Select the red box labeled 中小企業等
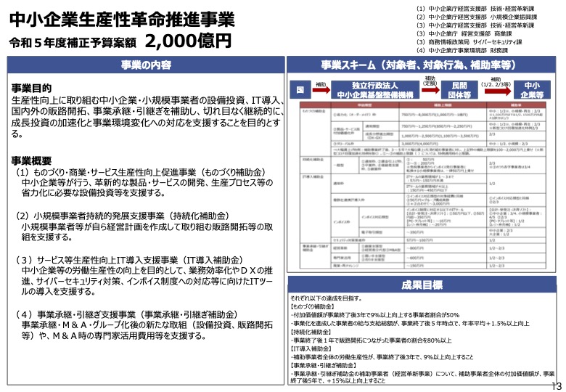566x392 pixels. coord(536,89)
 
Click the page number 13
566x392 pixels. coord(557,385)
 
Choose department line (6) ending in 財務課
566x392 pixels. coord(464,51)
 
